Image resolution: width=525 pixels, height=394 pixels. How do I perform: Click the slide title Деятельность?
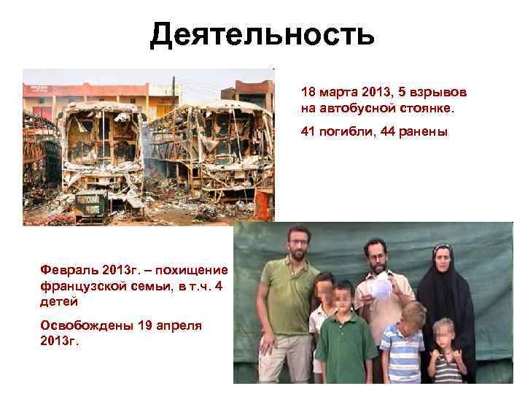pyautogui.click(x=262, y=34)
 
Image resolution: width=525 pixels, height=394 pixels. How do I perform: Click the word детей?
pyautogui.click(x=58, y=301)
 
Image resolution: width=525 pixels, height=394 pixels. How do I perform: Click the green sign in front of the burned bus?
pyautogui.click(x=92, y=204)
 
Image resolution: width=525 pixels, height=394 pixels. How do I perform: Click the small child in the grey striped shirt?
pyautogui.click(x=446, y=358)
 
